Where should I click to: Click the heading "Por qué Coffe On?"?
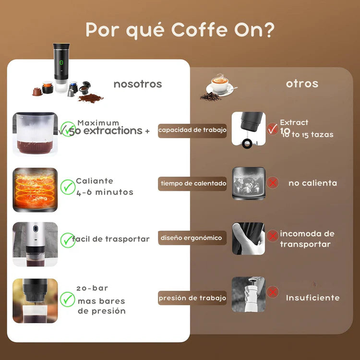click(x=180, y=30)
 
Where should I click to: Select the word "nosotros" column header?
click(x=138, y=84)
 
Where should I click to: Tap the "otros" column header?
click(x=302, y=84)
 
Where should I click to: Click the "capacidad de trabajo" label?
click(x=192, y=130)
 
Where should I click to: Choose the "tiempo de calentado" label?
click(x=192, y=183)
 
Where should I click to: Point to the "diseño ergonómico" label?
click(x=192, y=238)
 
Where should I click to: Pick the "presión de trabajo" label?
click(x=192, y=298)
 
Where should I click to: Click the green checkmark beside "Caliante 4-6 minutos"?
click(x=68, y=186)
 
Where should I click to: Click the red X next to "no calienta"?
click(x=273, y=183)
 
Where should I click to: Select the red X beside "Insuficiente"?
click(x=273, y=292)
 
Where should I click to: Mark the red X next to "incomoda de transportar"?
click(x=273, y=236)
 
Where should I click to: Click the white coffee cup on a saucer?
click(x=220, y=85)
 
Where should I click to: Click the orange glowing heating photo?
click(x=35, y=190)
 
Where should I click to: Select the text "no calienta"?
click(x=312, y=183)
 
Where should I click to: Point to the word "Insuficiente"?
click(x=312, y=298)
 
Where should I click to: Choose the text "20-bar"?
click(x=92, y=288)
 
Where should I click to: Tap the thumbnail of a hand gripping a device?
click(x=248, y=238)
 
